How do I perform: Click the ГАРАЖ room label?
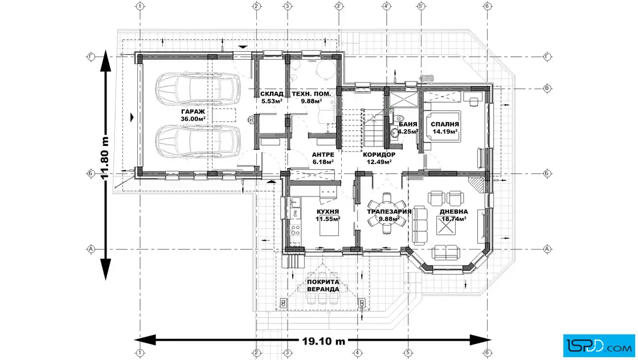pos(193,112)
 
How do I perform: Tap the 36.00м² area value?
pos(193,119)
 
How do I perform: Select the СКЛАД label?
pos(272,94)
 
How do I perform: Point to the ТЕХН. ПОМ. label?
pos(311,94)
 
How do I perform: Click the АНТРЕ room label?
pos(323,154)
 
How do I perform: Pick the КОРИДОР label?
pos(379,154)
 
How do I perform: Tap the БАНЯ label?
pos(408,125)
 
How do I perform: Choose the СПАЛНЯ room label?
pos(445,125)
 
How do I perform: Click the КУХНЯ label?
pos(328,211)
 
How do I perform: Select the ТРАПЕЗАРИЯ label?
pos(389,211)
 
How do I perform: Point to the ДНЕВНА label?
pos(453,211)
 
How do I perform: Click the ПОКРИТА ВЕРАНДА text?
pos(323,285)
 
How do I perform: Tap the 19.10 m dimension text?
pos(324,341)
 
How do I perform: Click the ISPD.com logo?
pos(599,346)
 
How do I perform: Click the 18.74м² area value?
pos(453,219)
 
